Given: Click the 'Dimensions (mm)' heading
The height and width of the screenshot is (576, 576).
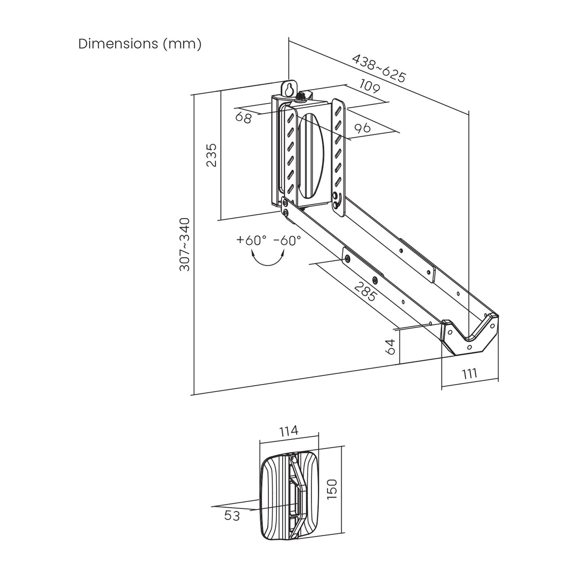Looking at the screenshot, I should [140, 44].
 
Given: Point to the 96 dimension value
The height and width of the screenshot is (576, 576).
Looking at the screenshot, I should [362, 128].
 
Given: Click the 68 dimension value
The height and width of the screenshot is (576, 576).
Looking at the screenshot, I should [244, 117].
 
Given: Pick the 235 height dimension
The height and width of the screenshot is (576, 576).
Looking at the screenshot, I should [212, 155].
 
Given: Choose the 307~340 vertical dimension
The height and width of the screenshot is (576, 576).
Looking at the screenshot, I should [185, 244].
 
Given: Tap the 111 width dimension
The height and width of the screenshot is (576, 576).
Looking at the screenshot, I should [469, 374].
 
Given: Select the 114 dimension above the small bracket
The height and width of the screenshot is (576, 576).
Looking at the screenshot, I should [289, 430].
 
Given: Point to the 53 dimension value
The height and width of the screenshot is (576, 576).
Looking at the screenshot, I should [232, 516].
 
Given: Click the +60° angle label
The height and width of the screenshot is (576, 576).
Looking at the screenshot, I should [251, 240].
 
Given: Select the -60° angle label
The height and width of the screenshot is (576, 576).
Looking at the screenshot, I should [287, 240].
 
